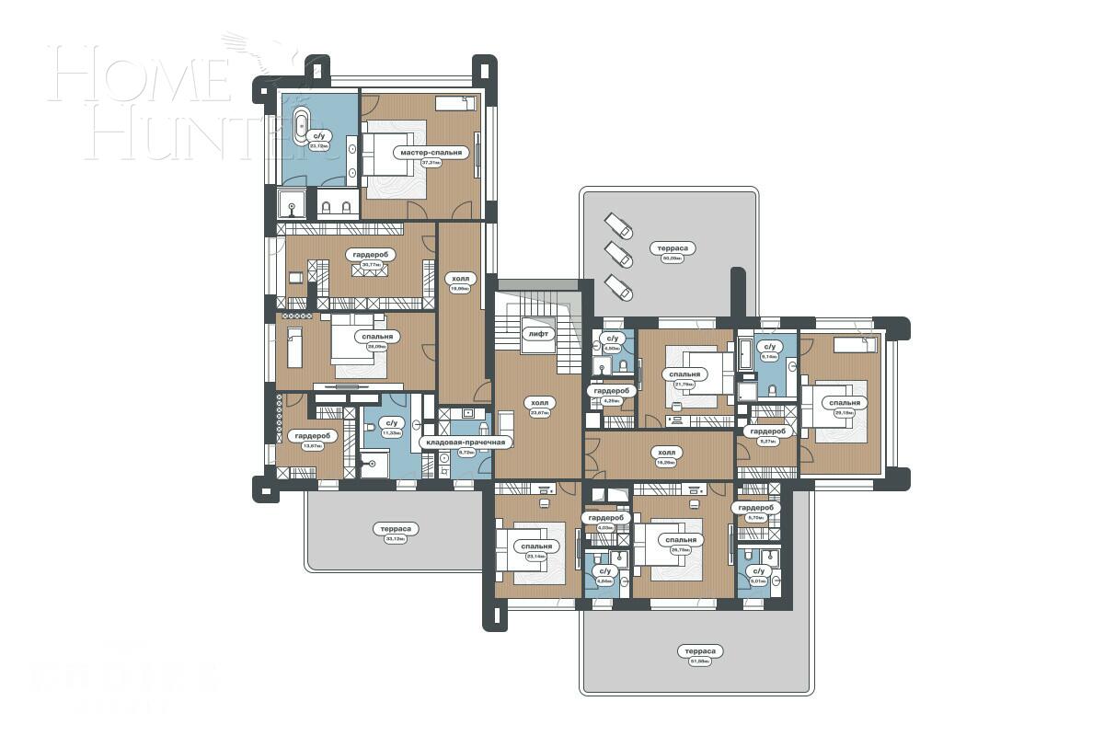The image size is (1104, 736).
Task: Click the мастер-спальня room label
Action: point(431,153)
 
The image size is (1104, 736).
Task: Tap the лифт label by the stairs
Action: point(538,334)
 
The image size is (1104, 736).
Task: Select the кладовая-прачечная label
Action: point(465,443)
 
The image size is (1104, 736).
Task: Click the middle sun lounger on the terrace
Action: point(618,253)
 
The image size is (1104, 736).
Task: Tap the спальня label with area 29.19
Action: point(845,403)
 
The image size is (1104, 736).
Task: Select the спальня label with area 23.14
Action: point(535,546)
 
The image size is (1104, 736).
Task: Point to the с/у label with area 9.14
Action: point(770,347)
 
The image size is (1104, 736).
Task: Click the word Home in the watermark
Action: point(138,76)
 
